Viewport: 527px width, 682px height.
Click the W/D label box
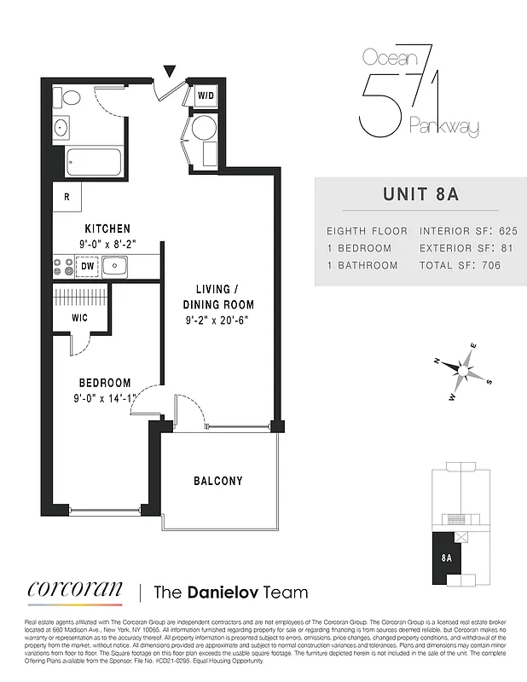[x=206, y=96]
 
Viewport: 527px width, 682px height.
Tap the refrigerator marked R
[x=66, y=197]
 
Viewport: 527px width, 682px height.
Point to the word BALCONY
[x=219, y=481]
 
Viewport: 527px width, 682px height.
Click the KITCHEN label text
[x=107, y=228]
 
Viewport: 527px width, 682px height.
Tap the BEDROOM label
[x=106, y=383]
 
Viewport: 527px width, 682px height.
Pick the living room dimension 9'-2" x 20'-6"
[x=218, y=321]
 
